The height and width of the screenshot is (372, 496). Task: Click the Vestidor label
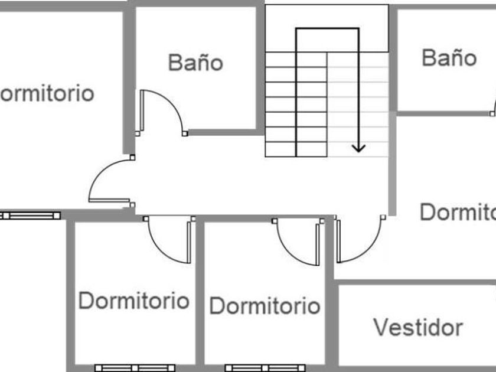click(x=418, y=327)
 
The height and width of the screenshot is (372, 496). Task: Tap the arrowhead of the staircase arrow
click(x=358, y=147)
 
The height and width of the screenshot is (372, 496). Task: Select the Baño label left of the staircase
click(x=195, y=63)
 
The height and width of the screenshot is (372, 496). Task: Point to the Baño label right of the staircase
click(x=449, y=58)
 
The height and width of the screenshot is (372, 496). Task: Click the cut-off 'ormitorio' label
click(x=47, y=93)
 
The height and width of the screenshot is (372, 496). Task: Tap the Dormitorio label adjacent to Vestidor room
click(x=265, y=306)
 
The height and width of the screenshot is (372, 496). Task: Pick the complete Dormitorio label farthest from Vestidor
click(x=133, y=301)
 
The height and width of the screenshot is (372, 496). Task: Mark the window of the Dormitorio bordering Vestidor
click(x=265, y=368)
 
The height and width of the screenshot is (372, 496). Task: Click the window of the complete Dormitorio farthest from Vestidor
click(x=135, y=368)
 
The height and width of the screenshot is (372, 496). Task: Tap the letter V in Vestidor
click(x=381, y=327)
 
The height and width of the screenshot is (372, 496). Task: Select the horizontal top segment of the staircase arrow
click(x=327, y=28)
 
